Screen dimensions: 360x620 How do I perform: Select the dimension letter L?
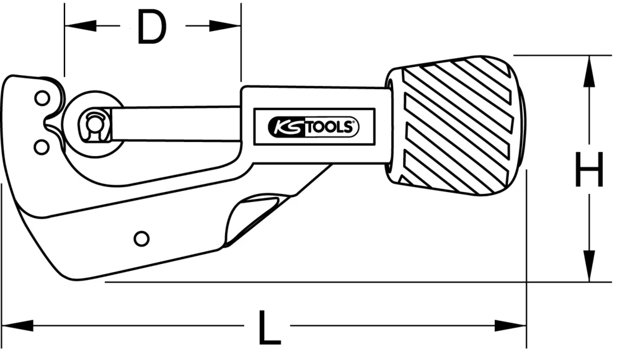coord(268,328)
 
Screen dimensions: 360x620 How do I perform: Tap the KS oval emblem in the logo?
coord(283,128)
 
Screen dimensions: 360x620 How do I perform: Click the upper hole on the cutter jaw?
coord(42,98)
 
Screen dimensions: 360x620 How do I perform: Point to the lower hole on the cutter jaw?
coord(42,147)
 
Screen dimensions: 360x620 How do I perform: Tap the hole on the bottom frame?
coord(141,238)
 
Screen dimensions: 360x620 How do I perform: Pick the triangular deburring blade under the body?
coord(251,217)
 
